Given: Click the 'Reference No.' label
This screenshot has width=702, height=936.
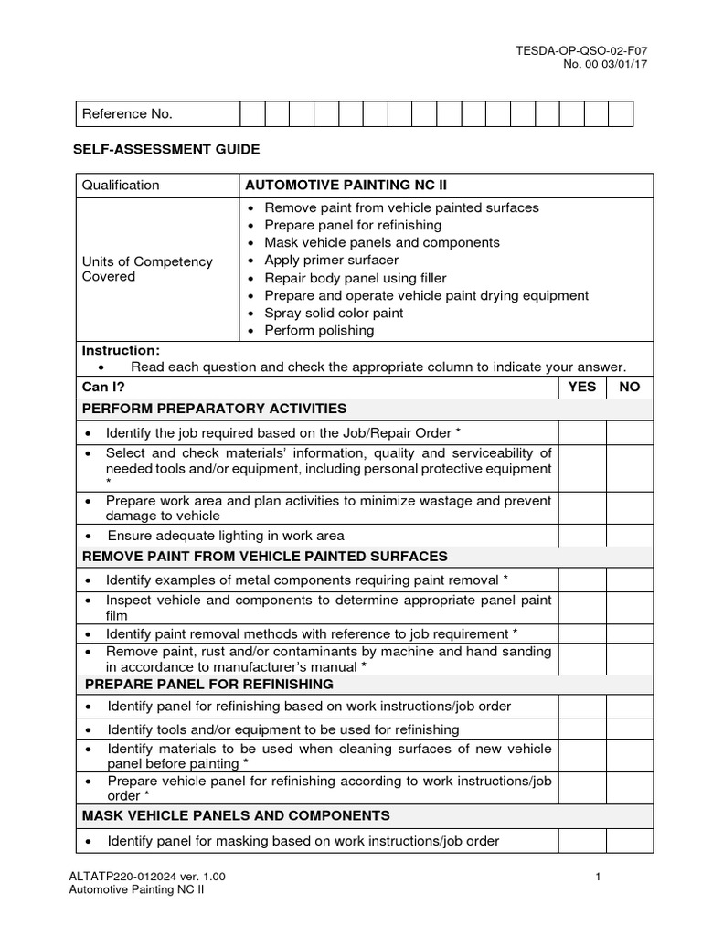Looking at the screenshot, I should (x=127, y=114).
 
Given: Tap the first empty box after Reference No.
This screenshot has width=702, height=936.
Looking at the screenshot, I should (x=252, y=114).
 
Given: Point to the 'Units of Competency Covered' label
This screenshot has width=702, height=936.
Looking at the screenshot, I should (x=147, y=269).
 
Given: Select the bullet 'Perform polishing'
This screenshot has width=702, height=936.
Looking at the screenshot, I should (x=319, y=330).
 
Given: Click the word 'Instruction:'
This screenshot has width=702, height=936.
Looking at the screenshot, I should (x=121, y=350).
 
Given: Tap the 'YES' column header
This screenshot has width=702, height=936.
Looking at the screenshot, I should (x=581, y=387).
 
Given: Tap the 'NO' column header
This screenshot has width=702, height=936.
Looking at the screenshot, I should (x=630, y=387).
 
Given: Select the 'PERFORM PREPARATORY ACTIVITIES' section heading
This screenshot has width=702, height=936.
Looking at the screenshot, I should (x=215, y=408).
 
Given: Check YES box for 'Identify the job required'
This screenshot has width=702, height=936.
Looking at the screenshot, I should (x=581, y=431).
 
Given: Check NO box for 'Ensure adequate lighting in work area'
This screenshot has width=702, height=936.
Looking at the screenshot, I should (x=630, y=536).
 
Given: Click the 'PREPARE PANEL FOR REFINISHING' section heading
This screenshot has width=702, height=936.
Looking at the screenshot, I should (x=209, y=684).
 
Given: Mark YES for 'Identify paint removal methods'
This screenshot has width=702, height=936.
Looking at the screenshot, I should (x=581, y=633).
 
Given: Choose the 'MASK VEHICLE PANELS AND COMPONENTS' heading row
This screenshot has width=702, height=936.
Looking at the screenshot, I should (x=236, y=815).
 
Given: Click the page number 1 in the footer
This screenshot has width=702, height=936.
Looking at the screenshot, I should (x=597, y=877).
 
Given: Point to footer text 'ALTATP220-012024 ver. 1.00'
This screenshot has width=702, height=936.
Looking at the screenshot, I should (x=147, y=877).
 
